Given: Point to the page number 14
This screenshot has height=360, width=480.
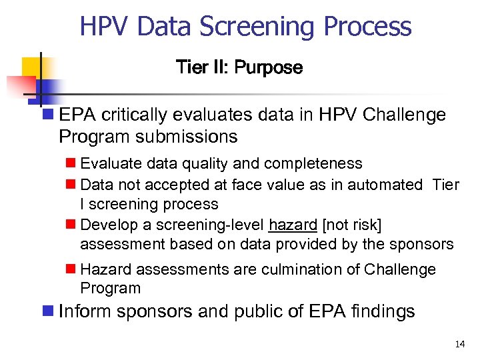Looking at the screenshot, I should pos(459,344).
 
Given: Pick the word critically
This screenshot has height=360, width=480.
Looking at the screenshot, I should pos(128,115).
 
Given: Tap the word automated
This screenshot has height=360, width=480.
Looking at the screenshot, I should pos(385,184).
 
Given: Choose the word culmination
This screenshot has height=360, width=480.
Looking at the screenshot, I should pos(292,269).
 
